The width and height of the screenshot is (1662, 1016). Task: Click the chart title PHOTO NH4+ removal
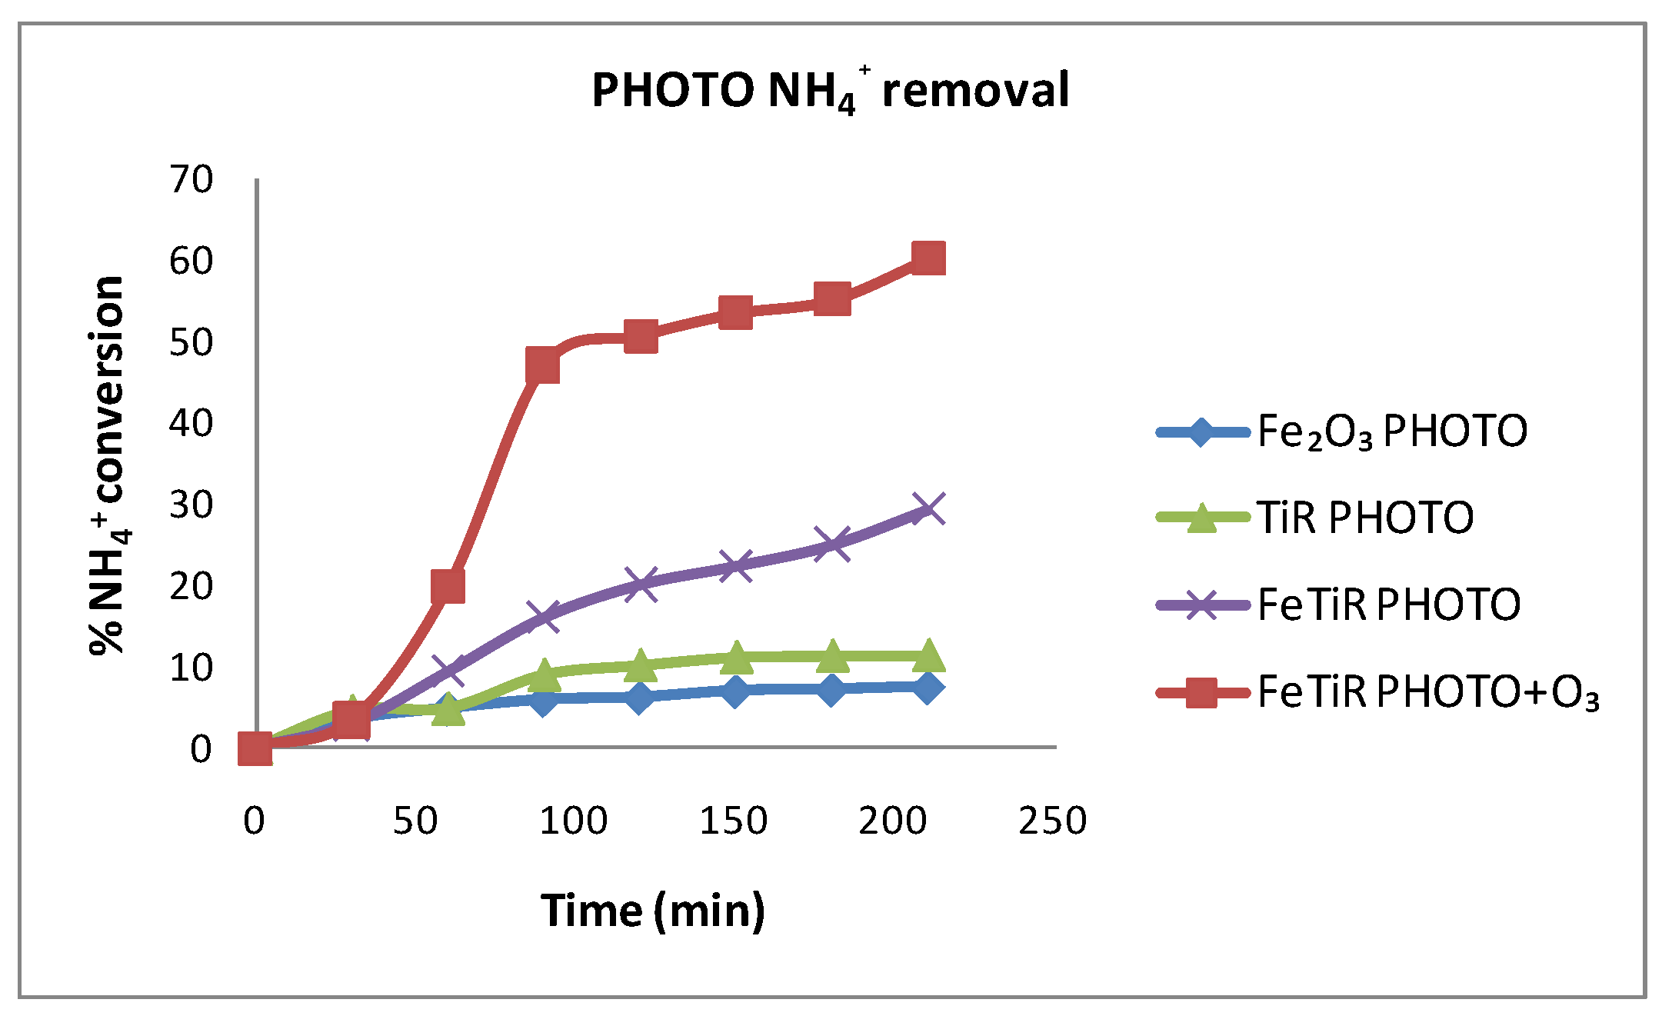(830, 91)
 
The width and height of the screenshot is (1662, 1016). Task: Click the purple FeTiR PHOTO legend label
(1389, 605)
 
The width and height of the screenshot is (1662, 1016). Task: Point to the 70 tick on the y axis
(191, 180)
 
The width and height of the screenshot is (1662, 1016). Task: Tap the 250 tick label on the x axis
(1052, 821)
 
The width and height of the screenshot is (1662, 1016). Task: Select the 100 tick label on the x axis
(574, 821)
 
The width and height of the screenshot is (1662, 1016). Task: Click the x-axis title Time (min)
(653, 911)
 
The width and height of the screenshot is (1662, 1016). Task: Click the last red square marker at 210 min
(928, 258)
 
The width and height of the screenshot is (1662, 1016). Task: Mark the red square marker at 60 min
(448, 587)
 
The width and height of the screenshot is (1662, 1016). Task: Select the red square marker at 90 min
(543, 365)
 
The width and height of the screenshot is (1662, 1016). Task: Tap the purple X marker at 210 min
(928, 509)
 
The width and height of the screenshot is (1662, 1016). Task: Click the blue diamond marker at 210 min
(928, 687)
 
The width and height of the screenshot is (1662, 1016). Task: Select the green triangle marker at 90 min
(544, 674)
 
